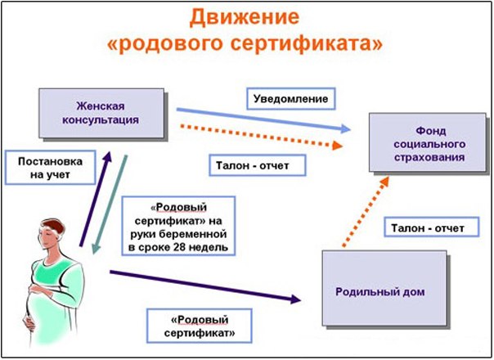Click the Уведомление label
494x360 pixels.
(290, 100)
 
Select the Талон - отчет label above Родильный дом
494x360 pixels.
(424, 227)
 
